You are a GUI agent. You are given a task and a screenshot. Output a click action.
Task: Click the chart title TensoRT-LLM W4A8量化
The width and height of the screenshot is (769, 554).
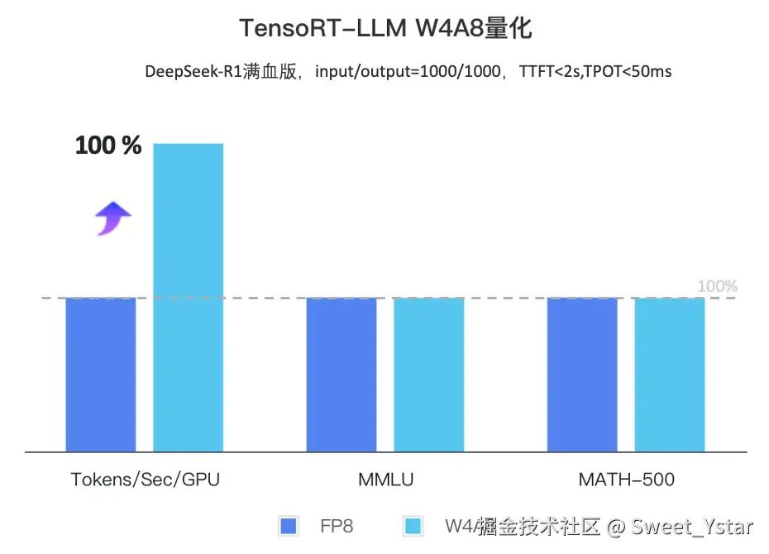385,29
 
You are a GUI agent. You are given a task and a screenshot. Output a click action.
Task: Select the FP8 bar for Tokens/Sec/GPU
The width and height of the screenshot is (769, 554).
101,375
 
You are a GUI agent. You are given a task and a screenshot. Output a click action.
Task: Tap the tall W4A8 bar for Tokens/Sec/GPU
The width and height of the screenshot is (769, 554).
189,298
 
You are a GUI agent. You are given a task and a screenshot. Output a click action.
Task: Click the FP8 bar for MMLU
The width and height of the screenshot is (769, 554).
342,375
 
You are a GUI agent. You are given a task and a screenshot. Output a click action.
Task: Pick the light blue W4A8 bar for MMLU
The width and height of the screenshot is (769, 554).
428,375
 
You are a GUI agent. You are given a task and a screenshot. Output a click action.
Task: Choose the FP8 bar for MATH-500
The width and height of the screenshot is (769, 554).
582,375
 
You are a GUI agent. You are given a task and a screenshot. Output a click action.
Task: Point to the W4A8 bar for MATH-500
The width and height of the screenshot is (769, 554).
670,375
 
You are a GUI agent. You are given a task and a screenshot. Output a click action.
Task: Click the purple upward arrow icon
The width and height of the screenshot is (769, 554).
112,218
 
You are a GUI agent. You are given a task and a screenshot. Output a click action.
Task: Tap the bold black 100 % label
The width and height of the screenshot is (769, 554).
108,146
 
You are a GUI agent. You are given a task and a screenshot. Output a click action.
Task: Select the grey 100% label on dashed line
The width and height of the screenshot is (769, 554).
717,287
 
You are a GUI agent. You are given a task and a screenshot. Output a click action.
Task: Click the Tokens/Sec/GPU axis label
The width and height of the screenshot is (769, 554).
146,480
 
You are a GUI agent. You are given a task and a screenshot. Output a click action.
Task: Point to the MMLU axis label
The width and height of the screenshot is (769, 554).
386,480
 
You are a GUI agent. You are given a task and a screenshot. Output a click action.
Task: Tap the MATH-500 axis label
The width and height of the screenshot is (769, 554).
626,480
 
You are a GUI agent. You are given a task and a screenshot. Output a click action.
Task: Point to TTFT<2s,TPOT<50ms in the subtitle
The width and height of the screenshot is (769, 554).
595,71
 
